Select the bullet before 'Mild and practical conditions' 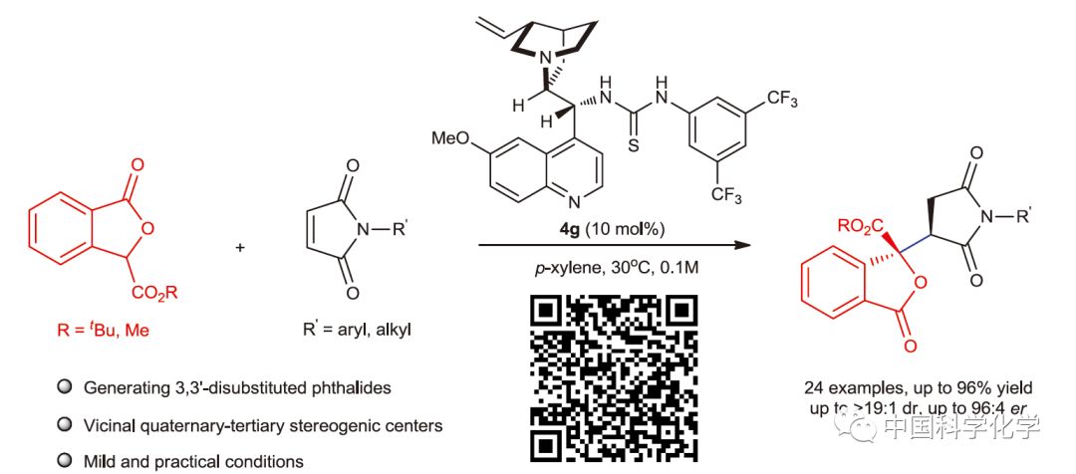(x=65, y=462)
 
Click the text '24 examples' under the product (x=857, y=386)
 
